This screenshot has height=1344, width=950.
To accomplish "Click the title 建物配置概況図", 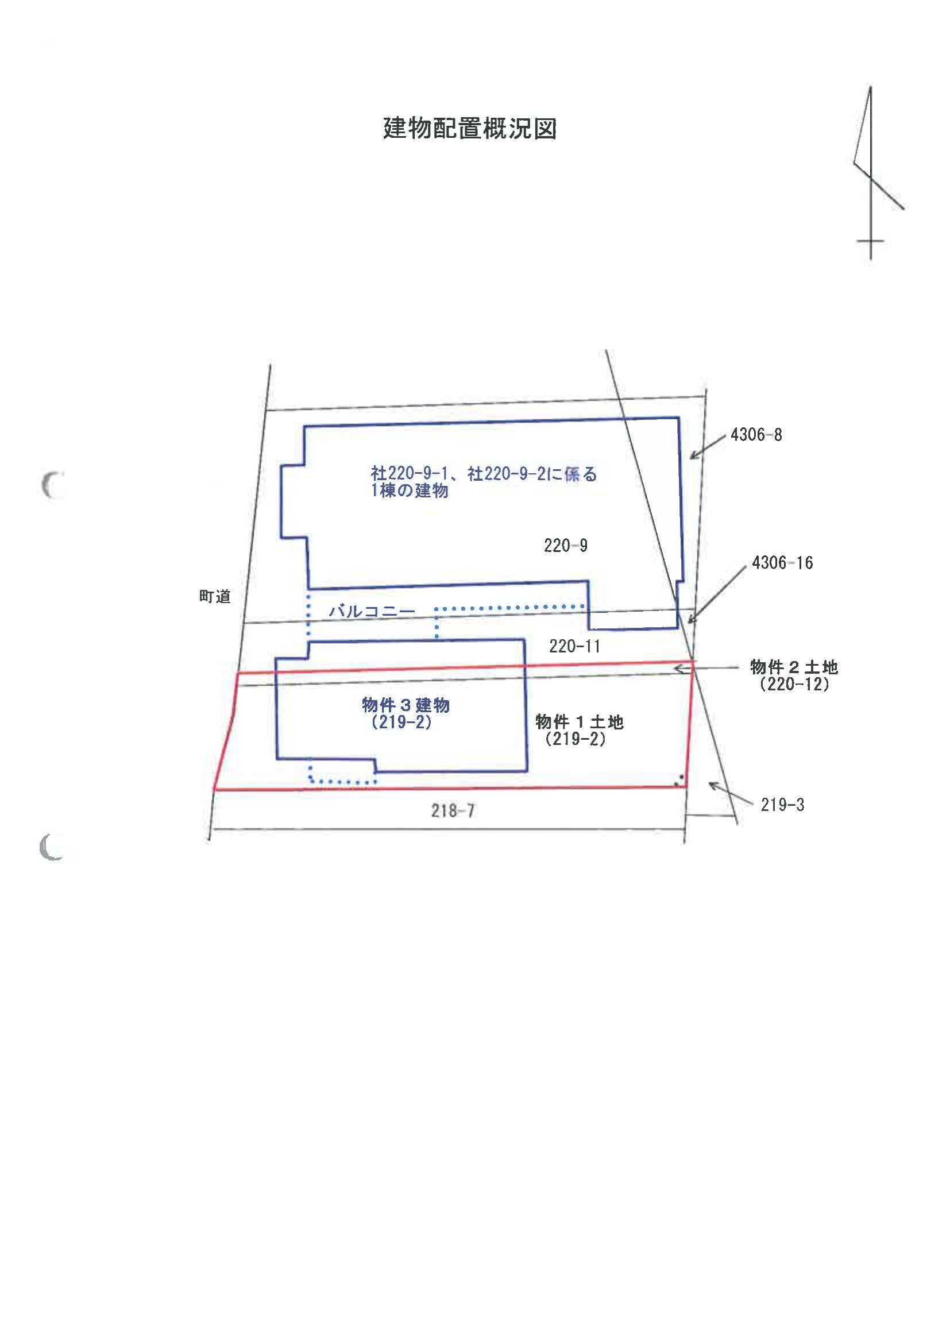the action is tap(469, 128).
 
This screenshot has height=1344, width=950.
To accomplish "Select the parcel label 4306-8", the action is tap(756, 435).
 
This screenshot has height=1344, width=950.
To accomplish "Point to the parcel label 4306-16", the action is tap(782, 562).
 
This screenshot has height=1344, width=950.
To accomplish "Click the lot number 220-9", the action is tap(565, 546).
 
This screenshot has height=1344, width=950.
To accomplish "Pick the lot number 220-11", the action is tap(574, 646).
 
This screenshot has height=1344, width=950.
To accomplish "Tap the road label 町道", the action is tap(215, 597).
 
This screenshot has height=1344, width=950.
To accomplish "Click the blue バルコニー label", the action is tap(372, 611).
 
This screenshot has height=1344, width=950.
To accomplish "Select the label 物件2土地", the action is tap(794, 667).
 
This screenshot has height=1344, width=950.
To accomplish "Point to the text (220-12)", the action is tap(794, 684).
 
